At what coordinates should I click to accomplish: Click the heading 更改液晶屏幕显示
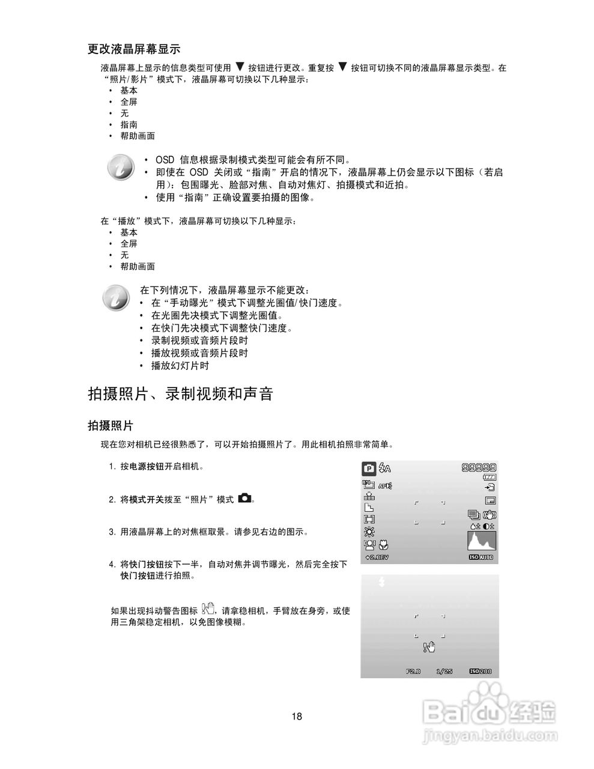pos(134,49)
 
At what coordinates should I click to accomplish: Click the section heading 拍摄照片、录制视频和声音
pos(180,394)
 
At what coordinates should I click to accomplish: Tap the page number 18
pos(297,716)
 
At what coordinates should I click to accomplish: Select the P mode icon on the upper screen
pos(369,469)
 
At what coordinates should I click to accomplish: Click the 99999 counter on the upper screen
pos(479,468)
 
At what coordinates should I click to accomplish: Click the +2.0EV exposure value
pos(377,558)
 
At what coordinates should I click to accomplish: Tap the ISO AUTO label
pos(482,558)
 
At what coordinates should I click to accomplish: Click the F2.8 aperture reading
pos(413,671)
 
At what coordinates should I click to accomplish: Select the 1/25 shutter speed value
pos(444,671)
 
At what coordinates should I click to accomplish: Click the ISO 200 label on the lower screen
pos(480,671)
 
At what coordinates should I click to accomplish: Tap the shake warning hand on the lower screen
pos(429,647)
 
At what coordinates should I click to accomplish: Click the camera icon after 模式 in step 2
pos(245,498)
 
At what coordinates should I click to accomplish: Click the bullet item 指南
pos(129,124)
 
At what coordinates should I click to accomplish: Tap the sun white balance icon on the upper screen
pos(368,532)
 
